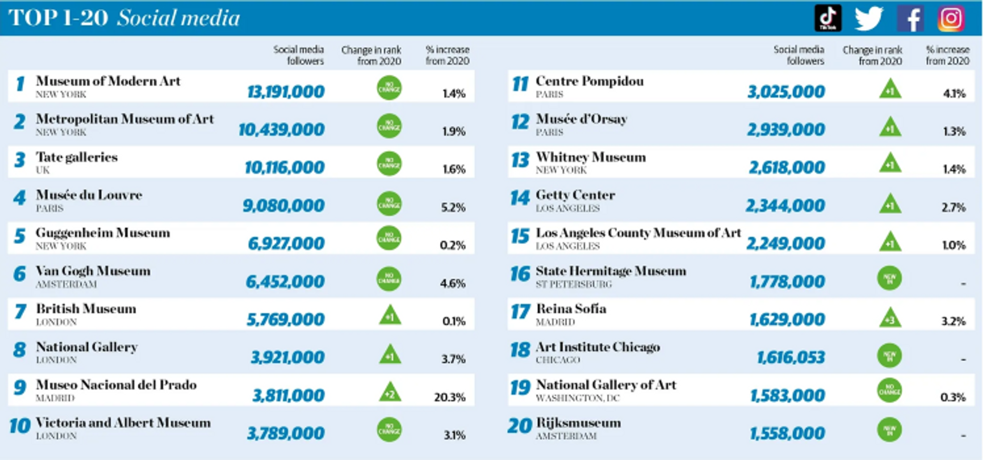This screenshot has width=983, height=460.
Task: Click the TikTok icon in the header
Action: (x=828, y=18)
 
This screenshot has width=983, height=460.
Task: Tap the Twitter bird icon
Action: (x=869, y=18)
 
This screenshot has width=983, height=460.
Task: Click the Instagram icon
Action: (x=951, y=18)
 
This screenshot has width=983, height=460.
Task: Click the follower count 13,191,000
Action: (x=286, y=92)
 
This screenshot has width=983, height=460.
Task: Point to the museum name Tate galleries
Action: (x=77, y=157)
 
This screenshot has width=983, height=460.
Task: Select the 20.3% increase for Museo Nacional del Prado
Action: (x=450, y=397)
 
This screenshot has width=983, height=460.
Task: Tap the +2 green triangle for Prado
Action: (x=390, y=393)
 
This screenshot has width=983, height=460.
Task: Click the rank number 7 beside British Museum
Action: (x=20, y=311)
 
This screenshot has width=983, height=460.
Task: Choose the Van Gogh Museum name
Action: (x=93, y=271)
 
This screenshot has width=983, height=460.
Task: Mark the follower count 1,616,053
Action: (x=791, y=357)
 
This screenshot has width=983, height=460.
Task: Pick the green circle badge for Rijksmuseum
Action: (x=889, y=429)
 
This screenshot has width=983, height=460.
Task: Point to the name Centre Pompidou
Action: (x=589, y=81)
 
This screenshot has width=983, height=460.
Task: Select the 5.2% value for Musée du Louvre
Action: (x=453, y=207)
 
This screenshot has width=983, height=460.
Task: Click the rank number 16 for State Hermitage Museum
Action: (x=520, y=274)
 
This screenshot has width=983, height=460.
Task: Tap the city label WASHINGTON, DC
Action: (x=578, y=398)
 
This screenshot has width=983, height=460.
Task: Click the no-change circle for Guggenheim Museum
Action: (x=389, y=238)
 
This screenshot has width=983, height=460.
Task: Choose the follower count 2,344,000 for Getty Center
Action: (x=785, y=205)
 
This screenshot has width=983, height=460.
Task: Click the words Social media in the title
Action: (x=178, y=18)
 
